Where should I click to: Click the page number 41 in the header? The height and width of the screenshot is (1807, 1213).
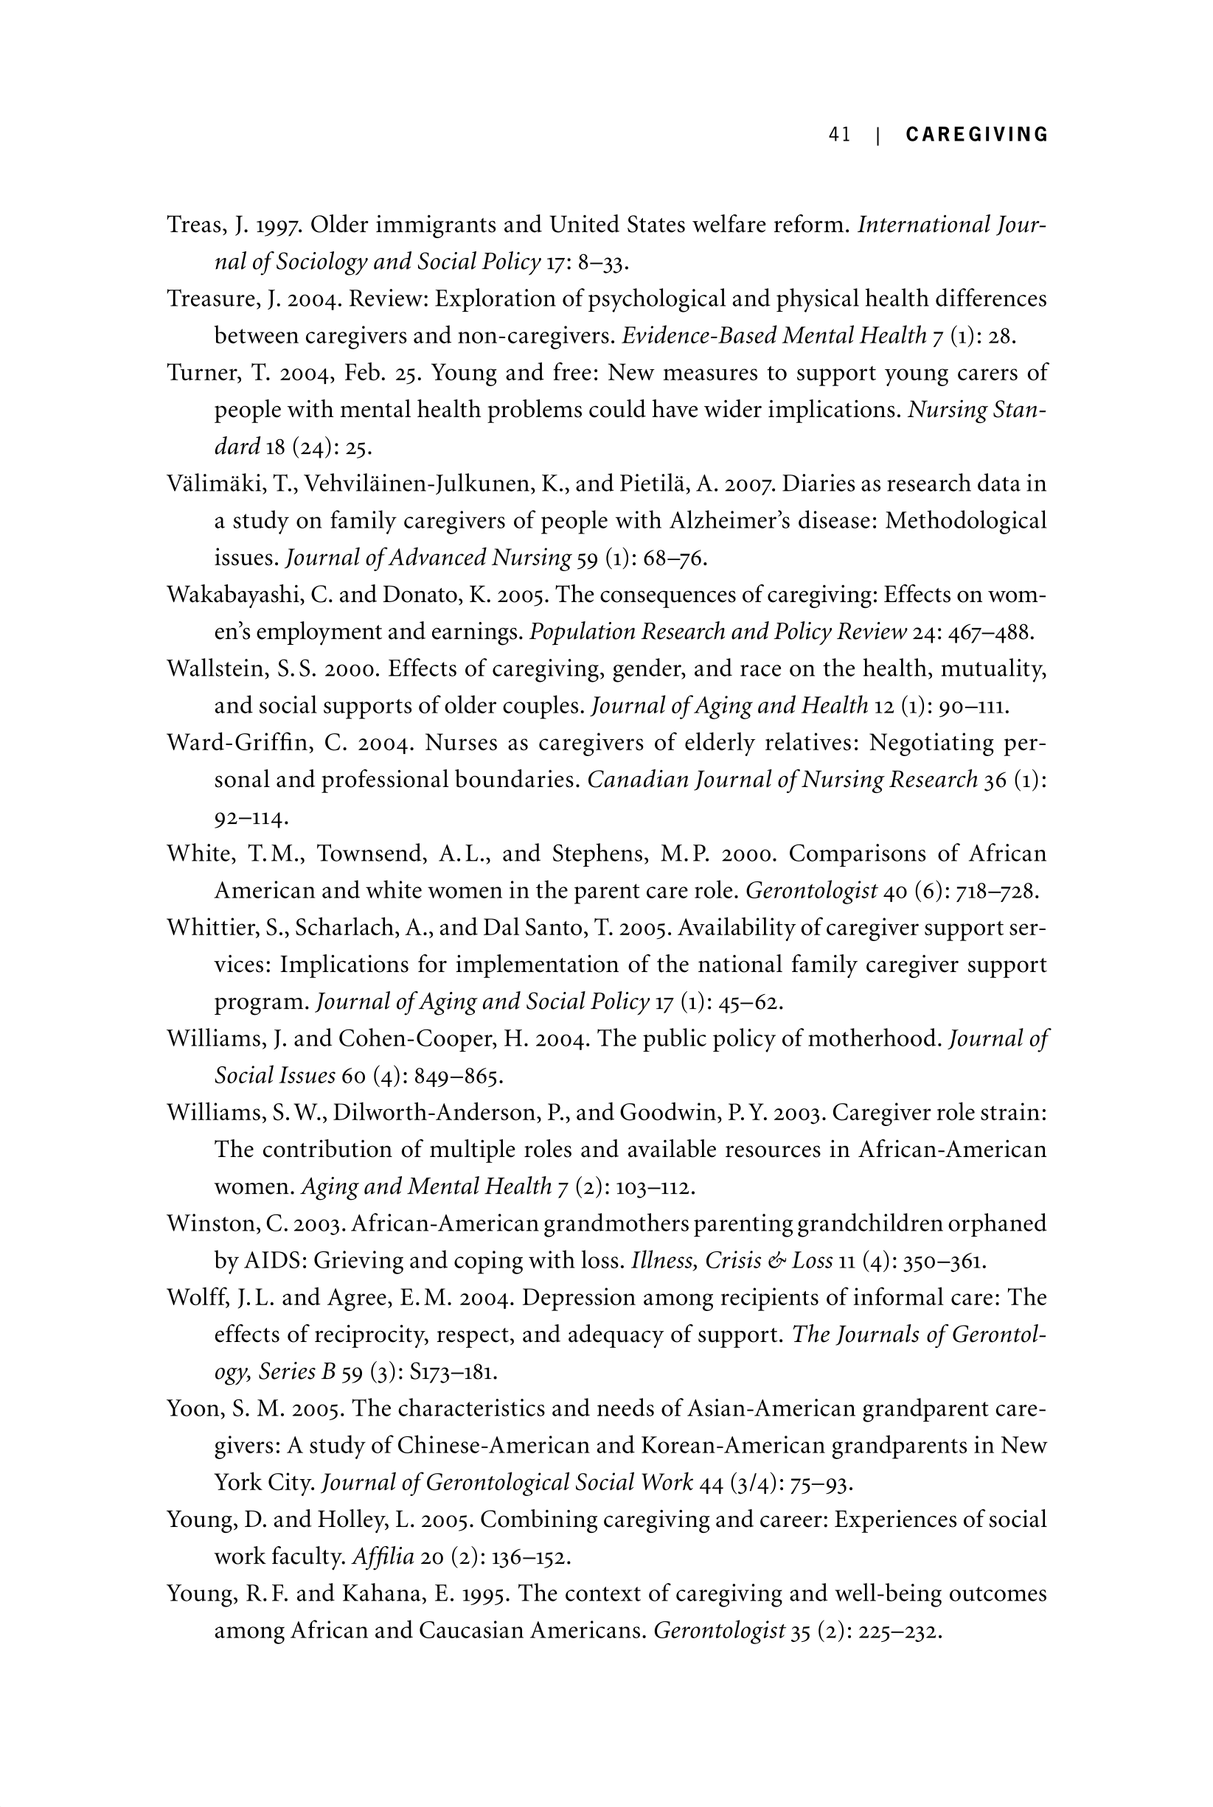click(x=839, y=135)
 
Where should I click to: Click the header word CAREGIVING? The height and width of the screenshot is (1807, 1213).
click(x=977, y=135)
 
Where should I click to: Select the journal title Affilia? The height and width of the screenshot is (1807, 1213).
click(x=383, y=1556)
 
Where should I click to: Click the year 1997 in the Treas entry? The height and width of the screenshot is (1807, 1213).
click(x=279, y=225)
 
